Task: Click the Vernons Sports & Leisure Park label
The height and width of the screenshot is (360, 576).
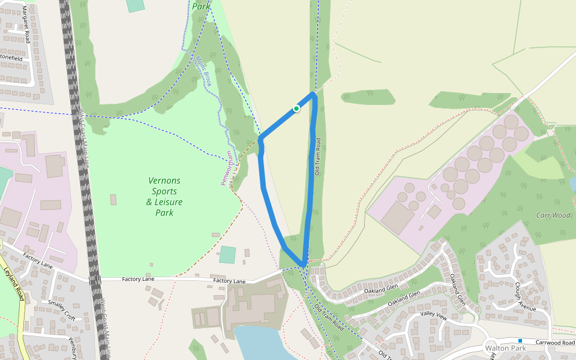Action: point(164,197)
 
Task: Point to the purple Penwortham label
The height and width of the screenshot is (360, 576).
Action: point(229,168)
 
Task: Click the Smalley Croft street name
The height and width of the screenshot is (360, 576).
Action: point(62,308)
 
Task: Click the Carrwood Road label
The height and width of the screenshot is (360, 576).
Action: point(555,343)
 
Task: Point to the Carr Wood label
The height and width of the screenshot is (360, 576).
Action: point(553,215)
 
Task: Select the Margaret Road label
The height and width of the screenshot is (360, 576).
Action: point(26,25)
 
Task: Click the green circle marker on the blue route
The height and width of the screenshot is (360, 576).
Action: point(296,108)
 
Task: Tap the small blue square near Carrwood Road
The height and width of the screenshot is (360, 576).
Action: point(520,341)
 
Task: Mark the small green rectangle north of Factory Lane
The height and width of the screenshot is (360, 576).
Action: point(227,254)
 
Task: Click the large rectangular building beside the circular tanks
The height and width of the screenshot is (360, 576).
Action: point(397,217)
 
